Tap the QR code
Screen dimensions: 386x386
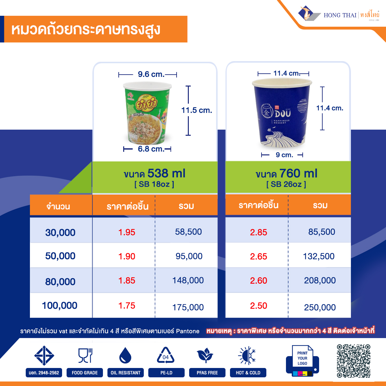[354, 361]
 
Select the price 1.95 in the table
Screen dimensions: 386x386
[127, 232]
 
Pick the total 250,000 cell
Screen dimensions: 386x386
[320, 307]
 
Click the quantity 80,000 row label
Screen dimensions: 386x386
[60, 281]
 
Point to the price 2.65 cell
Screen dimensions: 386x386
[259, 256]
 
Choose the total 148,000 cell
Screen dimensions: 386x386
[188, 280]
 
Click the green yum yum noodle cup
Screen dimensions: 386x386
[148, 113]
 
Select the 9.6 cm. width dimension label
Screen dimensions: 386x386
[151, 74]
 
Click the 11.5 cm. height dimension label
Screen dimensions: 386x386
[197, 110]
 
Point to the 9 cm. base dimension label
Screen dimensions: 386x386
[284, 155]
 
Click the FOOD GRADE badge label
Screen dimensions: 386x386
[85, 373]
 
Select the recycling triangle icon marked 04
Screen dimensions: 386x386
[166, 356]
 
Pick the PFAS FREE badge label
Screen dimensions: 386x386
[207, 373]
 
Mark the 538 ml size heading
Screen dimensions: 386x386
[155, 173]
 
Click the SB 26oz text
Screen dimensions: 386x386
[286, 184]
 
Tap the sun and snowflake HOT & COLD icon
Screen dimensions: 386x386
[247, 356]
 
